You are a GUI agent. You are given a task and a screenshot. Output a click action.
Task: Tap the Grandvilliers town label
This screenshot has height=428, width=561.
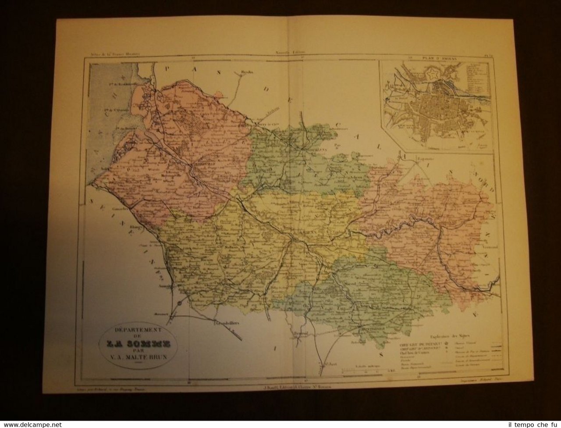pyautogui.click(x=226, y=325)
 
